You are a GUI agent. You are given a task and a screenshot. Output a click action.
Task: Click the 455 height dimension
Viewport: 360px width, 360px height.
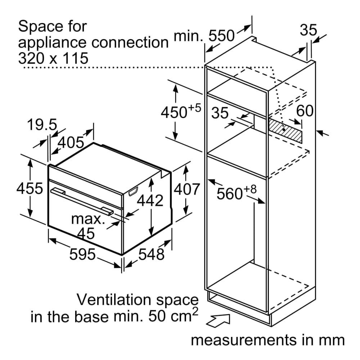coord(30,188)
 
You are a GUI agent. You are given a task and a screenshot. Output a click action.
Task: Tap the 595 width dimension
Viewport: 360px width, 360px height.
coord(82,254)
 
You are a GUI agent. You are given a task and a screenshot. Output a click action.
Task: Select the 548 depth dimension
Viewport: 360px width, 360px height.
coord(151,254)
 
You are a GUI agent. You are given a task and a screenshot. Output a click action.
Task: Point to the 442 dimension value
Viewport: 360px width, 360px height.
coord(150,201)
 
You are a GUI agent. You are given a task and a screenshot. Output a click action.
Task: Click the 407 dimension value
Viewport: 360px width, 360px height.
coord(186,189)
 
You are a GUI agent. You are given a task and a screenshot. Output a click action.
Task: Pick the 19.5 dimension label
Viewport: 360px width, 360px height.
coord(42,125)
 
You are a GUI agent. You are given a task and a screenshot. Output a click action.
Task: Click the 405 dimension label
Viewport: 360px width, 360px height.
coord(71,142)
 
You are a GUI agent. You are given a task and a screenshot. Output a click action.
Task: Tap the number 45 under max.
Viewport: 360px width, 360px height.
coord(86,234)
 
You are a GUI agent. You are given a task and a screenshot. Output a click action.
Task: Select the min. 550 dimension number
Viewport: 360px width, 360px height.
coord(221,36)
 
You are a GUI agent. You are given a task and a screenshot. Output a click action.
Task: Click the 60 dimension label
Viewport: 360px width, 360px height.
coord(305,111)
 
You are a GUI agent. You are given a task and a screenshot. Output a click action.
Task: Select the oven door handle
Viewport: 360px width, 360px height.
coord(82,202)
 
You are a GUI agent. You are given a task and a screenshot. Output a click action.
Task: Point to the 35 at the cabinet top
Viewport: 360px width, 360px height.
coord(309,30)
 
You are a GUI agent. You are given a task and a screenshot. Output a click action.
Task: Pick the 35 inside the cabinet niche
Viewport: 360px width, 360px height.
coord(220,113)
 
